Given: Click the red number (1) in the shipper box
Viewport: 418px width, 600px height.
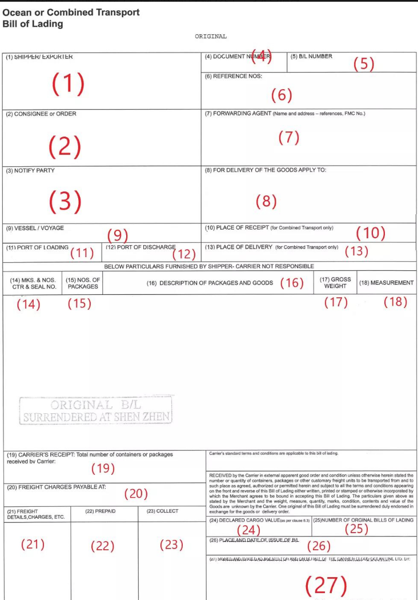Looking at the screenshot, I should [68, 84].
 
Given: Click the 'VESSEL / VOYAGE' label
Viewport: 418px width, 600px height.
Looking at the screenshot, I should [35, 227].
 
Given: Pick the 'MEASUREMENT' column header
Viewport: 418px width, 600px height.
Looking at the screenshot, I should [387, 283].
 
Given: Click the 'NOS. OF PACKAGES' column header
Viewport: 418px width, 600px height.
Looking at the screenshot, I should [83, 283].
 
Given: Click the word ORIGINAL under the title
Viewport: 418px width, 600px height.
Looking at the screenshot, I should [211, 36].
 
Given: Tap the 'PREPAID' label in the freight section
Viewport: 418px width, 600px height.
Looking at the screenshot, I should [101, 511].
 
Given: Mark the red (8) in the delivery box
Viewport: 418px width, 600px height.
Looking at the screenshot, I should [266, 201].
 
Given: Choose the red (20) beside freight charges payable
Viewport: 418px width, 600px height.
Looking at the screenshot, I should [136, 493].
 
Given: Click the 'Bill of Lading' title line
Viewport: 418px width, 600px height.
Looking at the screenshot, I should [33, 24].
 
